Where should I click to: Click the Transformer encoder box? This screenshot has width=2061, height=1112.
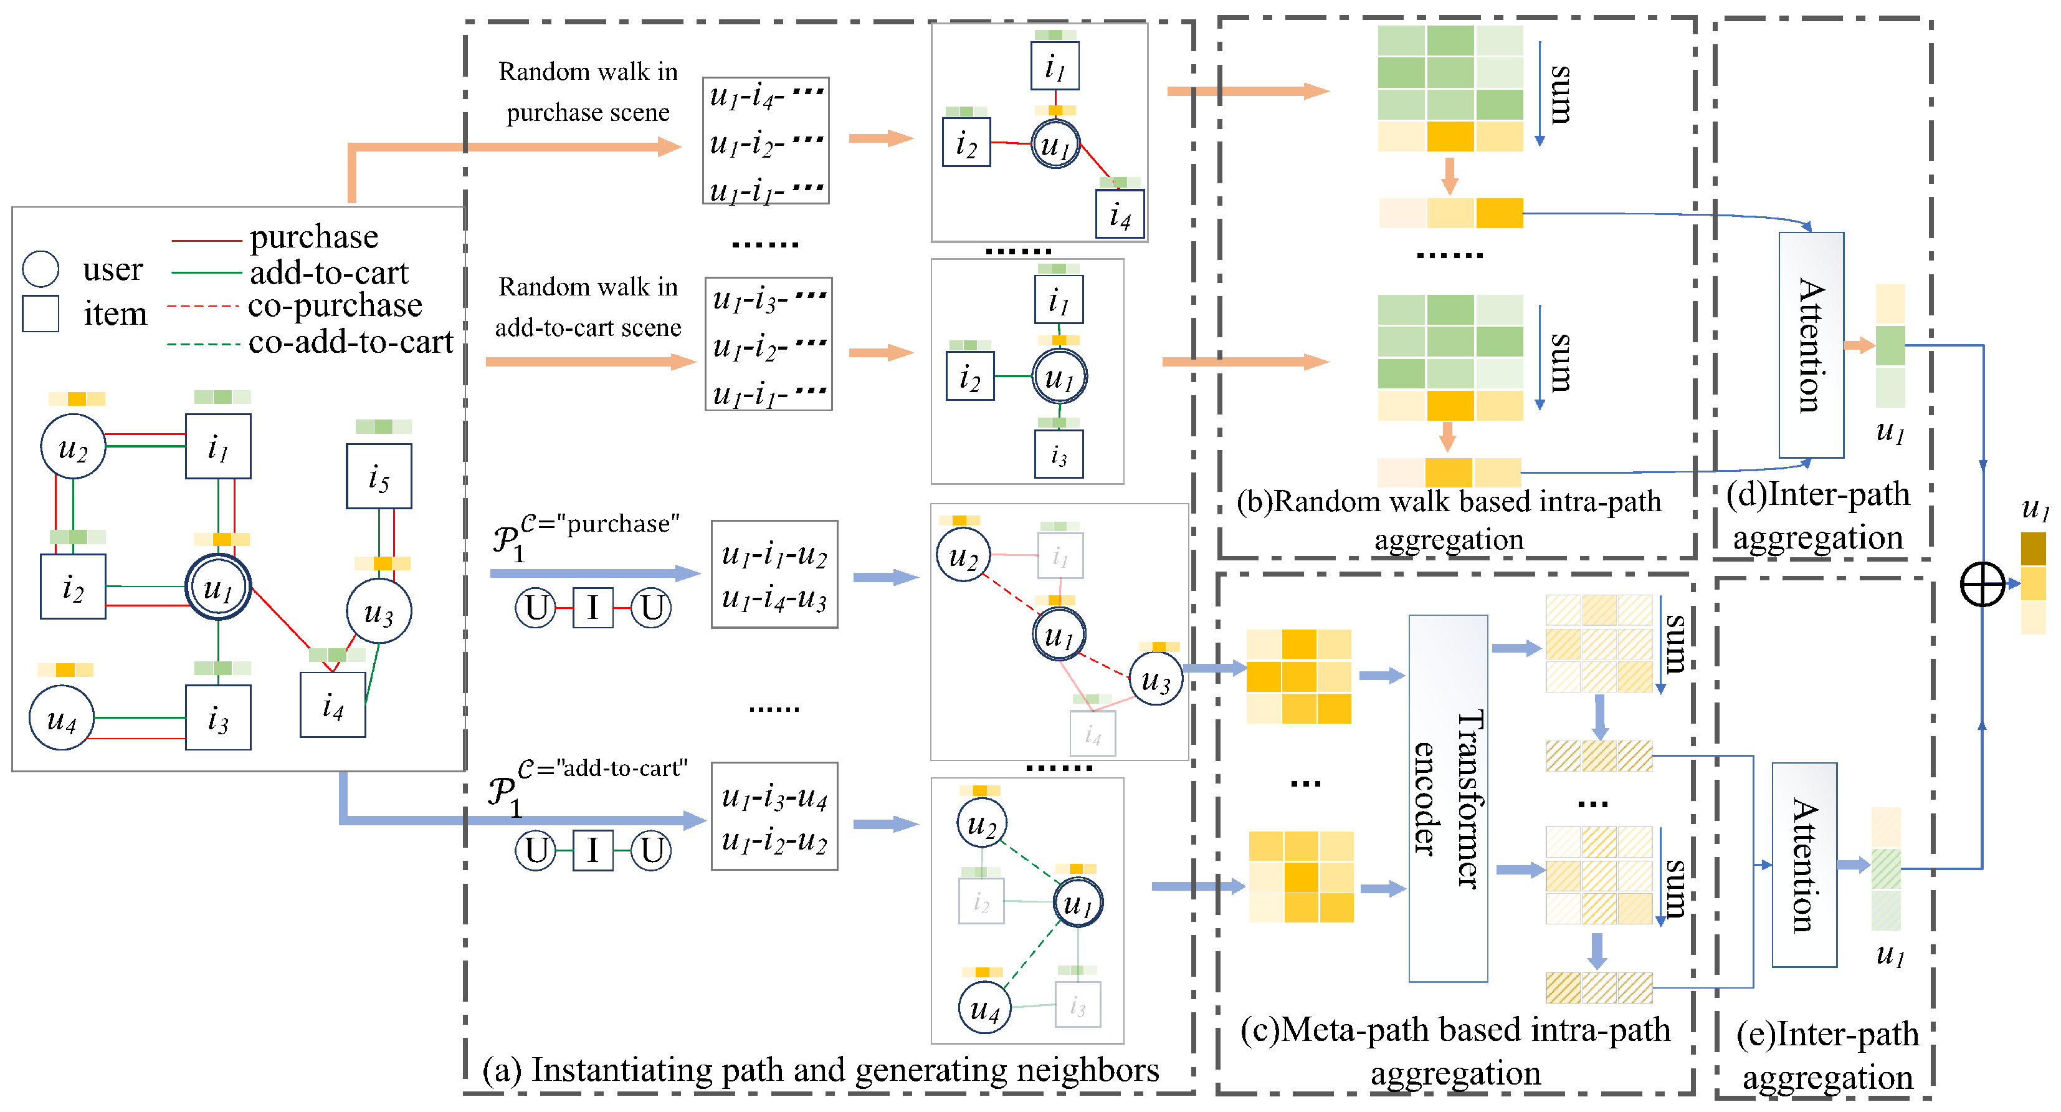(1447, 798)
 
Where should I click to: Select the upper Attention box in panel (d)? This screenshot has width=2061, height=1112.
(1811, 345)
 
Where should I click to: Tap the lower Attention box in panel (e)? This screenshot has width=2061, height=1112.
(1804, 865)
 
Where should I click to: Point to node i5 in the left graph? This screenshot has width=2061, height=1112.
(379, 476)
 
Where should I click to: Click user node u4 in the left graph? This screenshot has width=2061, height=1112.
(62, 718)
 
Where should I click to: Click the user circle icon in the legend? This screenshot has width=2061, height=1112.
(40, 269)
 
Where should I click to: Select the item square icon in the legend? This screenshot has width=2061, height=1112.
(40, 313)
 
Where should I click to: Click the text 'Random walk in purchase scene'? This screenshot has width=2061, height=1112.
(588, 91)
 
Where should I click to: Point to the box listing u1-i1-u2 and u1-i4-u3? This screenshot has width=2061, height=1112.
(774, 575)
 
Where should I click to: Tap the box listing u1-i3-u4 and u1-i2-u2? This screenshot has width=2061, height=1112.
(774, 817)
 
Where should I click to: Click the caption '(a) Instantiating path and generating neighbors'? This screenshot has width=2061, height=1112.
(821, 1070)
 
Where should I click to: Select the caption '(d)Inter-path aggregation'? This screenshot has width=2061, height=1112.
(1818, 515)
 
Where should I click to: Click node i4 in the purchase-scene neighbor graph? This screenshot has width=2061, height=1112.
(1120, 214)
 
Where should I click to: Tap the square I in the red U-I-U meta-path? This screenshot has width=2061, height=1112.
(593, 608)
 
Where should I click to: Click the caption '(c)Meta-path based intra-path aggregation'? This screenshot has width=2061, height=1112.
(1455, 1051)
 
